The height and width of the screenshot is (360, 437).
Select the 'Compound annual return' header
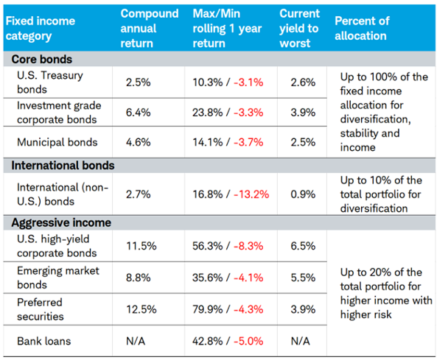click(149, 28)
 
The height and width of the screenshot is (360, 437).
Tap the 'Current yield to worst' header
click(299, 28)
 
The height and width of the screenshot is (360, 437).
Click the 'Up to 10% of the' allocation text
click(381, 180)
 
